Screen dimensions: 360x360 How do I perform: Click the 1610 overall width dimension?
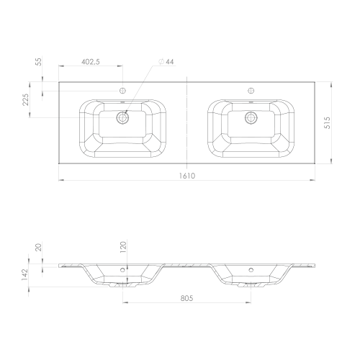point(187,176)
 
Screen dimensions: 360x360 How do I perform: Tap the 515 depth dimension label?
point(328,123)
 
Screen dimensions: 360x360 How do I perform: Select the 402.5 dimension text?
point(91,62)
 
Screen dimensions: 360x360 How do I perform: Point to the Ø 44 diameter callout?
point(166,62)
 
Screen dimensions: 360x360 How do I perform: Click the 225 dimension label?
point(25,99)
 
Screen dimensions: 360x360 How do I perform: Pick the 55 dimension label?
point(38,62)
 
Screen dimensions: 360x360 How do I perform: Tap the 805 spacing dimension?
point(186,298)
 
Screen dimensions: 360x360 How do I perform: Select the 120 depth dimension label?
point(123,247)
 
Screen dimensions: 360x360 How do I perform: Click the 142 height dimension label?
point(25,274)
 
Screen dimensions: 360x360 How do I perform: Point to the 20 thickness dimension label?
point(38,248)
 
